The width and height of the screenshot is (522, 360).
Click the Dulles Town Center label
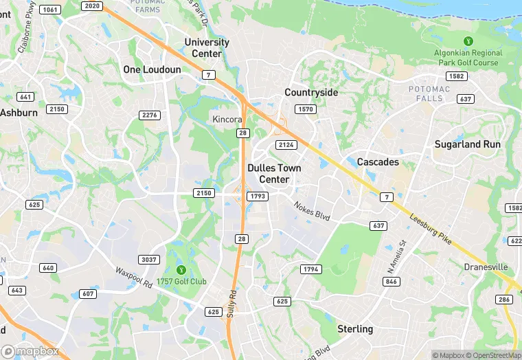(x=275, y=173)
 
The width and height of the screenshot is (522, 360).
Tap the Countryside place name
(x=311, y=92)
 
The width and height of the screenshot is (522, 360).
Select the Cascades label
(x=378, y=162)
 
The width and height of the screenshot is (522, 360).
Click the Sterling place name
(x=355, y=329)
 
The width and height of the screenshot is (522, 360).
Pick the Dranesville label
(x=486, y=267)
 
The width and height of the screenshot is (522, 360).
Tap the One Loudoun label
(x=152, y=69)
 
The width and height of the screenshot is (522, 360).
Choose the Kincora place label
(x=227, y=119)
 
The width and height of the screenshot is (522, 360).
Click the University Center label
(x=207, y=48)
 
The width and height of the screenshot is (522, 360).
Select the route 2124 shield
(x=286, y=144)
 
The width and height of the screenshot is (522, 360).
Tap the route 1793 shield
(x=258, y=196)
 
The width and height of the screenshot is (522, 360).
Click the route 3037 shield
(x=149, y=259)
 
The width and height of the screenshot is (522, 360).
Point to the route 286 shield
(x=505, y=300)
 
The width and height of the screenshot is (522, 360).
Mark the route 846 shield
(x=391, y=282)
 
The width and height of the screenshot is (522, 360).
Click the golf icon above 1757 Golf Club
(x=181, y=269)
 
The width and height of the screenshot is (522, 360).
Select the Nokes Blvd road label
(x=313, y=210)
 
